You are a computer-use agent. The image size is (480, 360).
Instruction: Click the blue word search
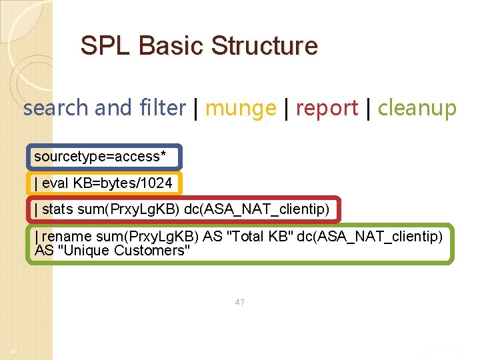[55, 107]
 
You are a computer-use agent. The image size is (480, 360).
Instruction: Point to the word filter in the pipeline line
[163, 107]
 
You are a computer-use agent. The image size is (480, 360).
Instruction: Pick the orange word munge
[240, 107]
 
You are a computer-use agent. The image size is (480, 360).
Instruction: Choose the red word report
[327, 107]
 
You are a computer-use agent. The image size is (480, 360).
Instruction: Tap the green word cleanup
[417, 107]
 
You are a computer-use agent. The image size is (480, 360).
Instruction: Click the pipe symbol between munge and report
[285, 107]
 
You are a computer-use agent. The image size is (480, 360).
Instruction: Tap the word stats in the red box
[57, 209]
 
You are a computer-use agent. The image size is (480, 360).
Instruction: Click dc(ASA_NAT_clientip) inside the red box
[257, 209]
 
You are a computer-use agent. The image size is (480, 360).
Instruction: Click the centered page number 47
[239, 302]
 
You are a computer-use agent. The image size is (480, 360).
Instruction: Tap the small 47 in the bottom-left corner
[13, 351]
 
